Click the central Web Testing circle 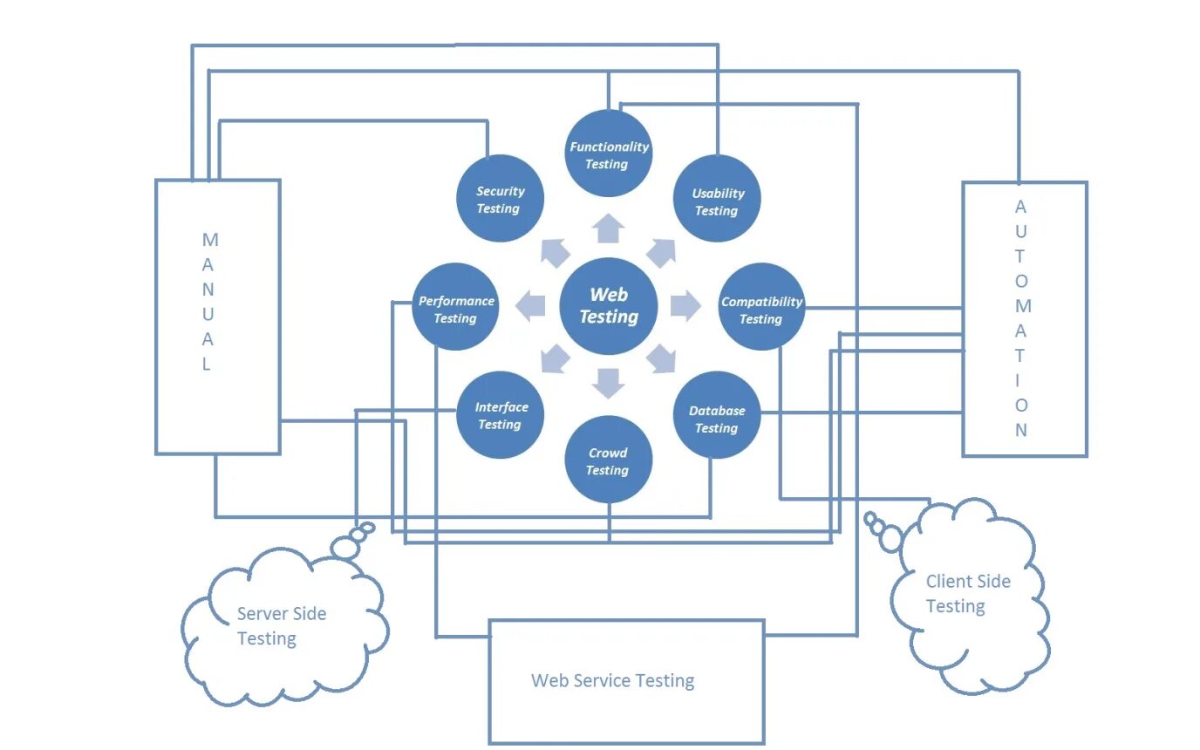click(608, 306)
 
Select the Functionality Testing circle click(609, 154)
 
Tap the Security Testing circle click(501, 199)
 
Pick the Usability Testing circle click(717, 200)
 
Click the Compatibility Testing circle click(761, 308)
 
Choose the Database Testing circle click(717, 416)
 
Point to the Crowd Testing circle click(608, 460)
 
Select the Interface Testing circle click(501, 415)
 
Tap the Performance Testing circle click(455, 307)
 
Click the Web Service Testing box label click(613, 681)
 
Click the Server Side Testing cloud click(283, 626)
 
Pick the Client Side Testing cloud click(968, 594)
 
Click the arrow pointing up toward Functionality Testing click(608, 229)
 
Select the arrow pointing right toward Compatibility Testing click(685, 305)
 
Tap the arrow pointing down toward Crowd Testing click(608, 382)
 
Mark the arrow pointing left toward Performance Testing click(530, 305)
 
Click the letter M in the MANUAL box click(210, 239)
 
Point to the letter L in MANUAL click(207, 365)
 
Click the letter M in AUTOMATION click(1022, 306)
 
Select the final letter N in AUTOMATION click(1021, 430)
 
